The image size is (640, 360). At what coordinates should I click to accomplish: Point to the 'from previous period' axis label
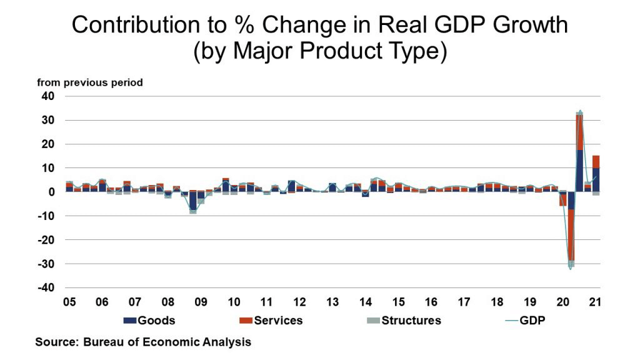pyautogui.click(x=90, y=82)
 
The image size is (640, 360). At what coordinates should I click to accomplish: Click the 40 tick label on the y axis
pyautogui.click(x=49, y=96)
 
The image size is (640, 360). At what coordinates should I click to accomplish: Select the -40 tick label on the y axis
pyautogui.click(x=47, y=288)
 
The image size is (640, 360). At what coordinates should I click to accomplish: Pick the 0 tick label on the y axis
pyautogui.click(x=52, y=192)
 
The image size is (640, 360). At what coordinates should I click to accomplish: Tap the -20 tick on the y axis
pyautogui.click(x=47, y=240)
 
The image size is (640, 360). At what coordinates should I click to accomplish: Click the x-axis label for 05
pyautogui.click(x=69, y=302)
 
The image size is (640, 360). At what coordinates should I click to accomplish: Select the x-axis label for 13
pyautogui.click(x=332, y=302)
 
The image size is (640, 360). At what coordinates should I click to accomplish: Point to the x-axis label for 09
pyautogui.click(x=201, y=302)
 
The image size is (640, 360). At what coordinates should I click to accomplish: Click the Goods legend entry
pyautogui.click(x=149, y=321)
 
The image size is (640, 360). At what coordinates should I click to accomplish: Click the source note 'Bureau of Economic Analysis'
pyautogui.click(x=172, y=342)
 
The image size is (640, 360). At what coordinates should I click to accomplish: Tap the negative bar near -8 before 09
pyautogui.click(x=193, y=202)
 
